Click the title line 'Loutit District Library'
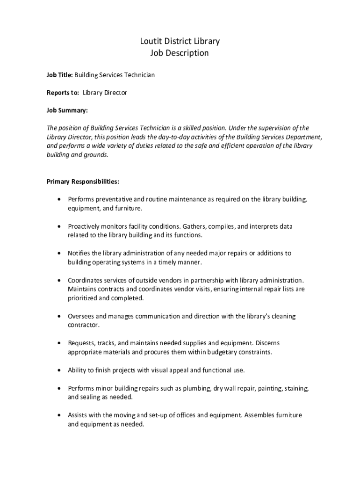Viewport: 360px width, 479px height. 180,41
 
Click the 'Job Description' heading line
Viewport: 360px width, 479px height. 180,53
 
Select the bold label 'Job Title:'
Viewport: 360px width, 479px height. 59,75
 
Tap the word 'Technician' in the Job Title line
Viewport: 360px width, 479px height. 139,75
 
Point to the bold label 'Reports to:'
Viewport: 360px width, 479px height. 63,93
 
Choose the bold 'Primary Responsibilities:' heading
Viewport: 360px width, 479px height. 83,181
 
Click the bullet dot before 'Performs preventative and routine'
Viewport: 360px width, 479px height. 58,199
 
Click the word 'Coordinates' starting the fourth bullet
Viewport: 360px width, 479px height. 86,280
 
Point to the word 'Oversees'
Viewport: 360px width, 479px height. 81,316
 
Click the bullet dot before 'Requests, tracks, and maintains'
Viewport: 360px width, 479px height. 58,343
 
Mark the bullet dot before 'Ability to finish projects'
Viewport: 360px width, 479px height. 58,370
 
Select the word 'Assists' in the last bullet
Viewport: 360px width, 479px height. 78,415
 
